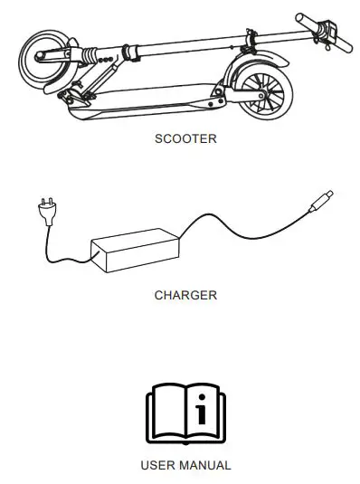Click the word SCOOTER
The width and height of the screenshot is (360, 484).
click(x=185, y=140)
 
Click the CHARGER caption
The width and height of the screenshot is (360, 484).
click(x=185, y=295)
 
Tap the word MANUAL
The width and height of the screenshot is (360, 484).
click(x=206, y=465)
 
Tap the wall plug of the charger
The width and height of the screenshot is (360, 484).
click(x=43, y=211)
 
